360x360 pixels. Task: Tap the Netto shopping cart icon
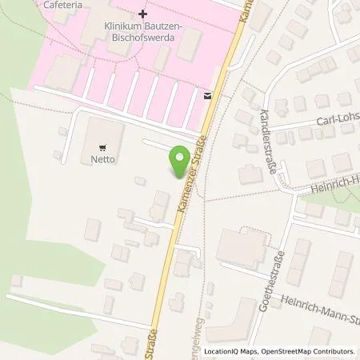coord(102,147)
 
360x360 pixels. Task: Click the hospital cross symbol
coord(142,14)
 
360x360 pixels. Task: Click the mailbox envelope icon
coord(208,96)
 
